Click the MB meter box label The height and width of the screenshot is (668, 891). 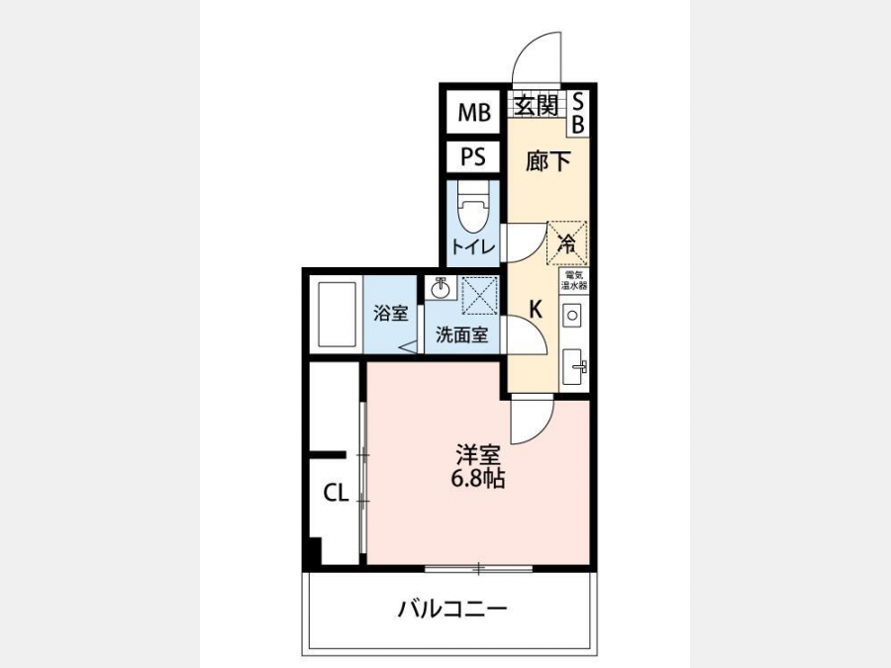tap(474, 113)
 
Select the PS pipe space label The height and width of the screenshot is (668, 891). tap(473, 156)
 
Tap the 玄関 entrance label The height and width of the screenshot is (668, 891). tap(536, 105)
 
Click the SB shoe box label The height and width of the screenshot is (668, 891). tap(578, 114)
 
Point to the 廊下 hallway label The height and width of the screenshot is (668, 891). tap(547, 162)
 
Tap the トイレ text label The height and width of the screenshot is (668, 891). tap(473, 247)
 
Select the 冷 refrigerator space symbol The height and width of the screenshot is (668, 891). tap(566, 243)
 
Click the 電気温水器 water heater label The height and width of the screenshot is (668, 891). tap(574, 280)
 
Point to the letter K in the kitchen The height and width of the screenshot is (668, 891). tap(536, 310)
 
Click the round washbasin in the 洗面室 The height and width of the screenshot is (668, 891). tap(440, 289)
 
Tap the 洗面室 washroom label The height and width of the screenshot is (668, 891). tap(462, 335)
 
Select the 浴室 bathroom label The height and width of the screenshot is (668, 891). tap(391, 313)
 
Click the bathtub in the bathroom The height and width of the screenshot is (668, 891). tap(337, 314)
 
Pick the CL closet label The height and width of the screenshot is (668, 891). tap(336, 493)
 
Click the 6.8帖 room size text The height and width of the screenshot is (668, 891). tap(478, 480)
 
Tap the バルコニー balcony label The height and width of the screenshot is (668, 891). tap(451, 610)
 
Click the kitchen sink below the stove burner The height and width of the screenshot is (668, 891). tap(574, 367)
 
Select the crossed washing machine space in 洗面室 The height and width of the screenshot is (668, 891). tap(479, 295)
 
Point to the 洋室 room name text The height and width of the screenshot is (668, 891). tap(478, 455)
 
